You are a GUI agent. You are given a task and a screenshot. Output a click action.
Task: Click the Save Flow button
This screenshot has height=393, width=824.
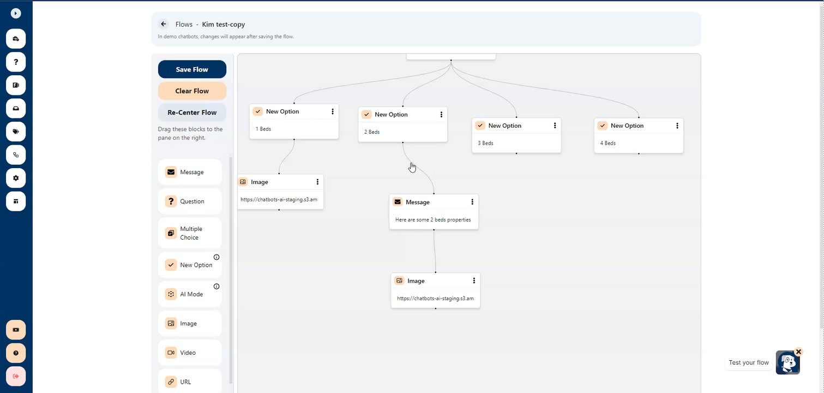pyautogui.click(x=192, y=69)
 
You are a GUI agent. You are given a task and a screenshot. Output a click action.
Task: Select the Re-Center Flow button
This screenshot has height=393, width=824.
pyautogui.click(x=192, y=112)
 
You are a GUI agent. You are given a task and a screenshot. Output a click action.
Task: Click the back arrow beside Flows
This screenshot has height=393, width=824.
pyautogui.click(x=164, y=24)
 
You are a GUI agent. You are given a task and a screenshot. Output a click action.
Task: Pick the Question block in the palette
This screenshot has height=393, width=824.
pyautogui.click(x=190, y=201)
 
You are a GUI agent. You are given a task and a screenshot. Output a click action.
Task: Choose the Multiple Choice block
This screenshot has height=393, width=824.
pyautogui.click(x=190, y=233)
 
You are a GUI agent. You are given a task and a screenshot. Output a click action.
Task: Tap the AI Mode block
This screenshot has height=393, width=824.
pyautogui.click(x=190, y=294)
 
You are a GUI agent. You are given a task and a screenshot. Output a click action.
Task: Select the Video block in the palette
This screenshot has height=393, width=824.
pyautogui.click(x=190, y=353)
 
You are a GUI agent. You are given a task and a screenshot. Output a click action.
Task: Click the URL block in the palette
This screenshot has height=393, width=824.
pyautogui.click(x=190, y=382)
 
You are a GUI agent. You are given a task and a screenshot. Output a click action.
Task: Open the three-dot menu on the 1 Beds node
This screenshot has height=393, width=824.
pyautogui.click(x=333, y=111)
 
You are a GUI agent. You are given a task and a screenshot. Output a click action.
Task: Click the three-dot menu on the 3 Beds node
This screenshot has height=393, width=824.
pyautogui.click(x=555, y=125)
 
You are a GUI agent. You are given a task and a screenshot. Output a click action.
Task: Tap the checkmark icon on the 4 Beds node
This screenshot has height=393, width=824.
pyautogui.click(x=602, y=125)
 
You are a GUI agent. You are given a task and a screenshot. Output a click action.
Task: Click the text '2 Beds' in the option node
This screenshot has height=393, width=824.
pyautogui.click(x=372, y=132)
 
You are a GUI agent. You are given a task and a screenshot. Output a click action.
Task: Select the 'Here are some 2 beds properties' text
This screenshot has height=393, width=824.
pyautogui.click(x=433, y=219)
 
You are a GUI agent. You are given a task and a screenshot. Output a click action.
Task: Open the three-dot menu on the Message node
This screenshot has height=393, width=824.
pyautogui.click(x=472, y=202)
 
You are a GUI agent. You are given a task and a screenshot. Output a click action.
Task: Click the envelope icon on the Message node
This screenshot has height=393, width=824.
pyautogui.click(x=398, y=202)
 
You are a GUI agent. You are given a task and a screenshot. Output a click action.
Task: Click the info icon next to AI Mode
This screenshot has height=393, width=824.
pyautogui.click(x=216, y=286)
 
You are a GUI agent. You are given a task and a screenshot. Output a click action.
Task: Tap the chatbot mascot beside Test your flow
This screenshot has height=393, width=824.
pyautogui.click(x=787, y=362)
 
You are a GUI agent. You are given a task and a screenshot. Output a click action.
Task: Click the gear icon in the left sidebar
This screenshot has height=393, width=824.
pyautogui.click(x=16, y=178)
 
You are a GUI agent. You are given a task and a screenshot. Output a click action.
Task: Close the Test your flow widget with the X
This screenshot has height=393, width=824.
pyautogui.click(x=798, y=352)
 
